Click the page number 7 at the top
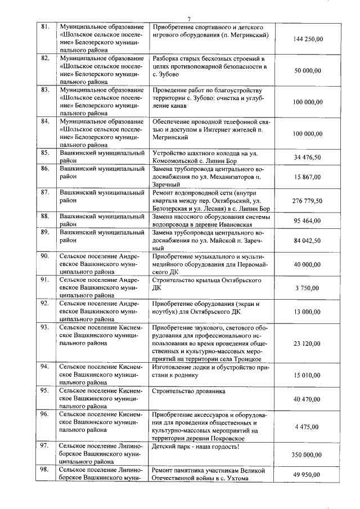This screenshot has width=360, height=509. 189,19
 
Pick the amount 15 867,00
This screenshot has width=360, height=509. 308,177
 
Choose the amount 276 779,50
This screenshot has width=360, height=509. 308,200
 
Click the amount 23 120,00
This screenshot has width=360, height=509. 308,343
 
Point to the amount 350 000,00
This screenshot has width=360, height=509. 308,454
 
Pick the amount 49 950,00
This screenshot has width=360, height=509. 308,474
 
